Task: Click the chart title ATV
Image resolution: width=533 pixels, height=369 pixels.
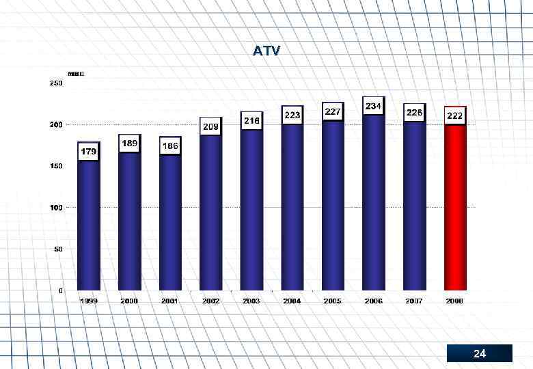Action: point(266,51)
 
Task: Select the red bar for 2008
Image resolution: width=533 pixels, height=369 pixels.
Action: point(455,212)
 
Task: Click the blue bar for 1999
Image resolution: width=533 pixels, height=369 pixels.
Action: point(89,225)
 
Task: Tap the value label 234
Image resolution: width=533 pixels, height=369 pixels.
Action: point(373,107)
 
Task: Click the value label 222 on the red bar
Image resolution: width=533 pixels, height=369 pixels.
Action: point(455,116)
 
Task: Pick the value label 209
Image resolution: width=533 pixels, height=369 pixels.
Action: point(210,126)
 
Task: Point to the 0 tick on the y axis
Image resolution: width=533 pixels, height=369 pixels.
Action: point(61,290)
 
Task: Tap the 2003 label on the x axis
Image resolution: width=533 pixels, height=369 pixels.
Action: point(251,301)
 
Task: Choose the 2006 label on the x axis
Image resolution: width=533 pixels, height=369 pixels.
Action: point(373,301)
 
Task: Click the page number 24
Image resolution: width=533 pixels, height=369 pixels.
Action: point(480,354)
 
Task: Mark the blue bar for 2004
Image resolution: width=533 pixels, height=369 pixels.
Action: point(292,212)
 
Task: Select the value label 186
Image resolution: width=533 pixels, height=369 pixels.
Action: point(170,146)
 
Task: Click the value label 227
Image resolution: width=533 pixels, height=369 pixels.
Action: point(333,111)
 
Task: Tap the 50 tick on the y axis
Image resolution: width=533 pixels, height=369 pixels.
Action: point(58,249)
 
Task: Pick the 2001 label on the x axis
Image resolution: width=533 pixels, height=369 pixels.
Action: point(170,301)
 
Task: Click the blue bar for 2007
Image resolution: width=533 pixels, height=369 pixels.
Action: point(414,212)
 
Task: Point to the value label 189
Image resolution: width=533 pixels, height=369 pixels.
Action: point(129,143)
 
